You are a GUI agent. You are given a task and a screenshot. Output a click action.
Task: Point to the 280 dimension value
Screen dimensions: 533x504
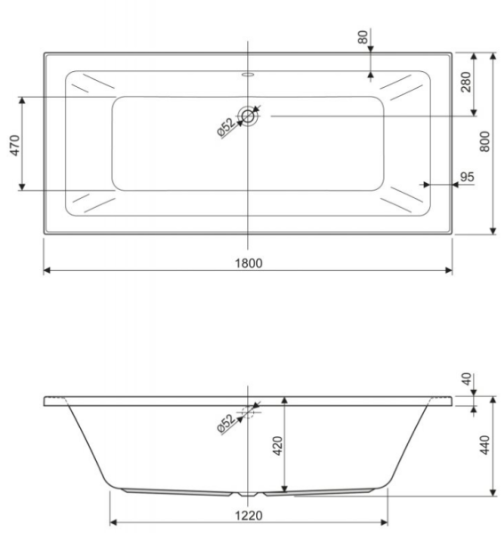coord(466,84)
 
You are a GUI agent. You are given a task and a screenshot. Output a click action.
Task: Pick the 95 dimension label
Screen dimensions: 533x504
coord(466,177)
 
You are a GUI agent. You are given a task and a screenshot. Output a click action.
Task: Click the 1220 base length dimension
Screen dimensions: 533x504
coord(248,514)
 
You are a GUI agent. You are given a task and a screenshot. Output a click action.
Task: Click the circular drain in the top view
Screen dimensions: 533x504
coord(249,115)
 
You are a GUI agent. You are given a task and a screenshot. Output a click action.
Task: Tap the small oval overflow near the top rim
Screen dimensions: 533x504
coord(248,76)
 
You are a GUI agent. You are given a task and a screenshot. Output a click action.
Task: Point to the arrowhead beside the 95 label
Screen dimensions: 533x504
coord(428,185)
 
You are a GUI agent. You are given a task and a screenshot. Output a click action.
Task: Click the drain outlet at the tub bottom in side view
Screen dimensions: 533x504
coord(248,492)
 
